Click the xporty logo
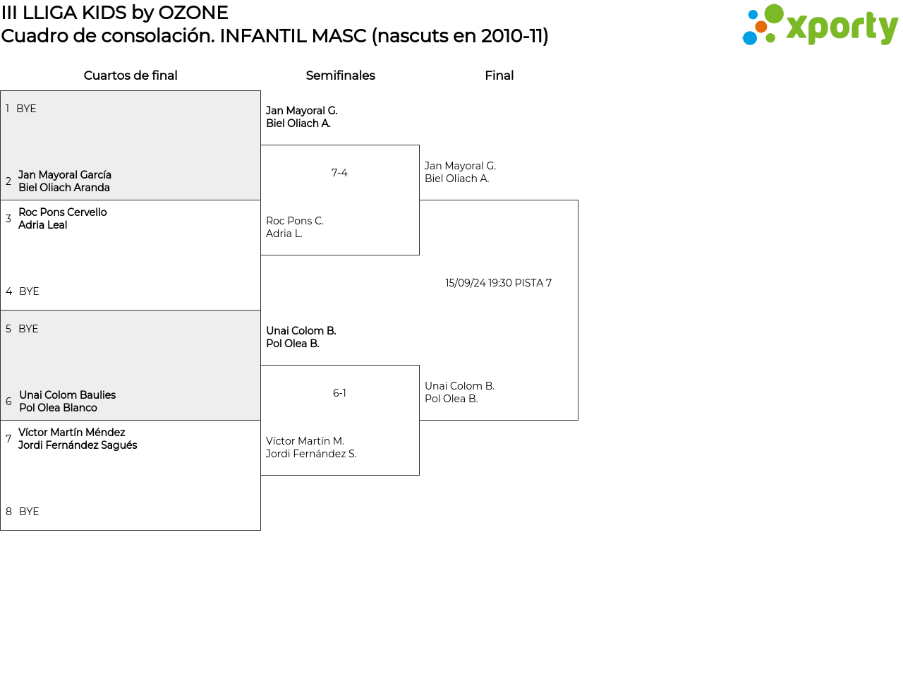tap(820, 25)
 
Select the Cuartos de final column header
tap(131, 76)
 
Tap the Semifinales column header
tap(340, 76)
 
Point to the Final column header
tap(499, 76)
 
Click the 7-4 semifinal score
tap(339, 173)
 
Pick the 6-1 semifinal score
tap(339, 393)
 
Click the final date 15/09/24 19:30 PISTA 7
tap(498, 283)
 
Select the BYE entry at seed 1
tap(26, 109)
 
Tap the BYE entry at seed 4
tap(29, 291)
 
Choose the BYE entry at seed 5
tap(28, 329)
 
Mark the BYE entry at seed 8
tap(29, 512)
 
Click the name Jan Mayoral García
tap(65, 175)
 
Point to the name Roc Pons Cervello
tap(63, 212)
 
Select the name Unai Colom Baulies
tap(68, 395)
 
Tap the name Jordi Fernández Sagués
tap(78, 445)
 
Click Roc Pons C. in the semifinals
tap(295, 221)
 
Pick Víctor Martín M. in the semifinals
tap(305, 441)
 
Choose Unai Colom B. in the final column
tap(459, 386)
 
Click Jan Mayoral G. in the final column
tap(460, 166)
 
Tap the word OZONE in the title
tap(193, 13)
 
